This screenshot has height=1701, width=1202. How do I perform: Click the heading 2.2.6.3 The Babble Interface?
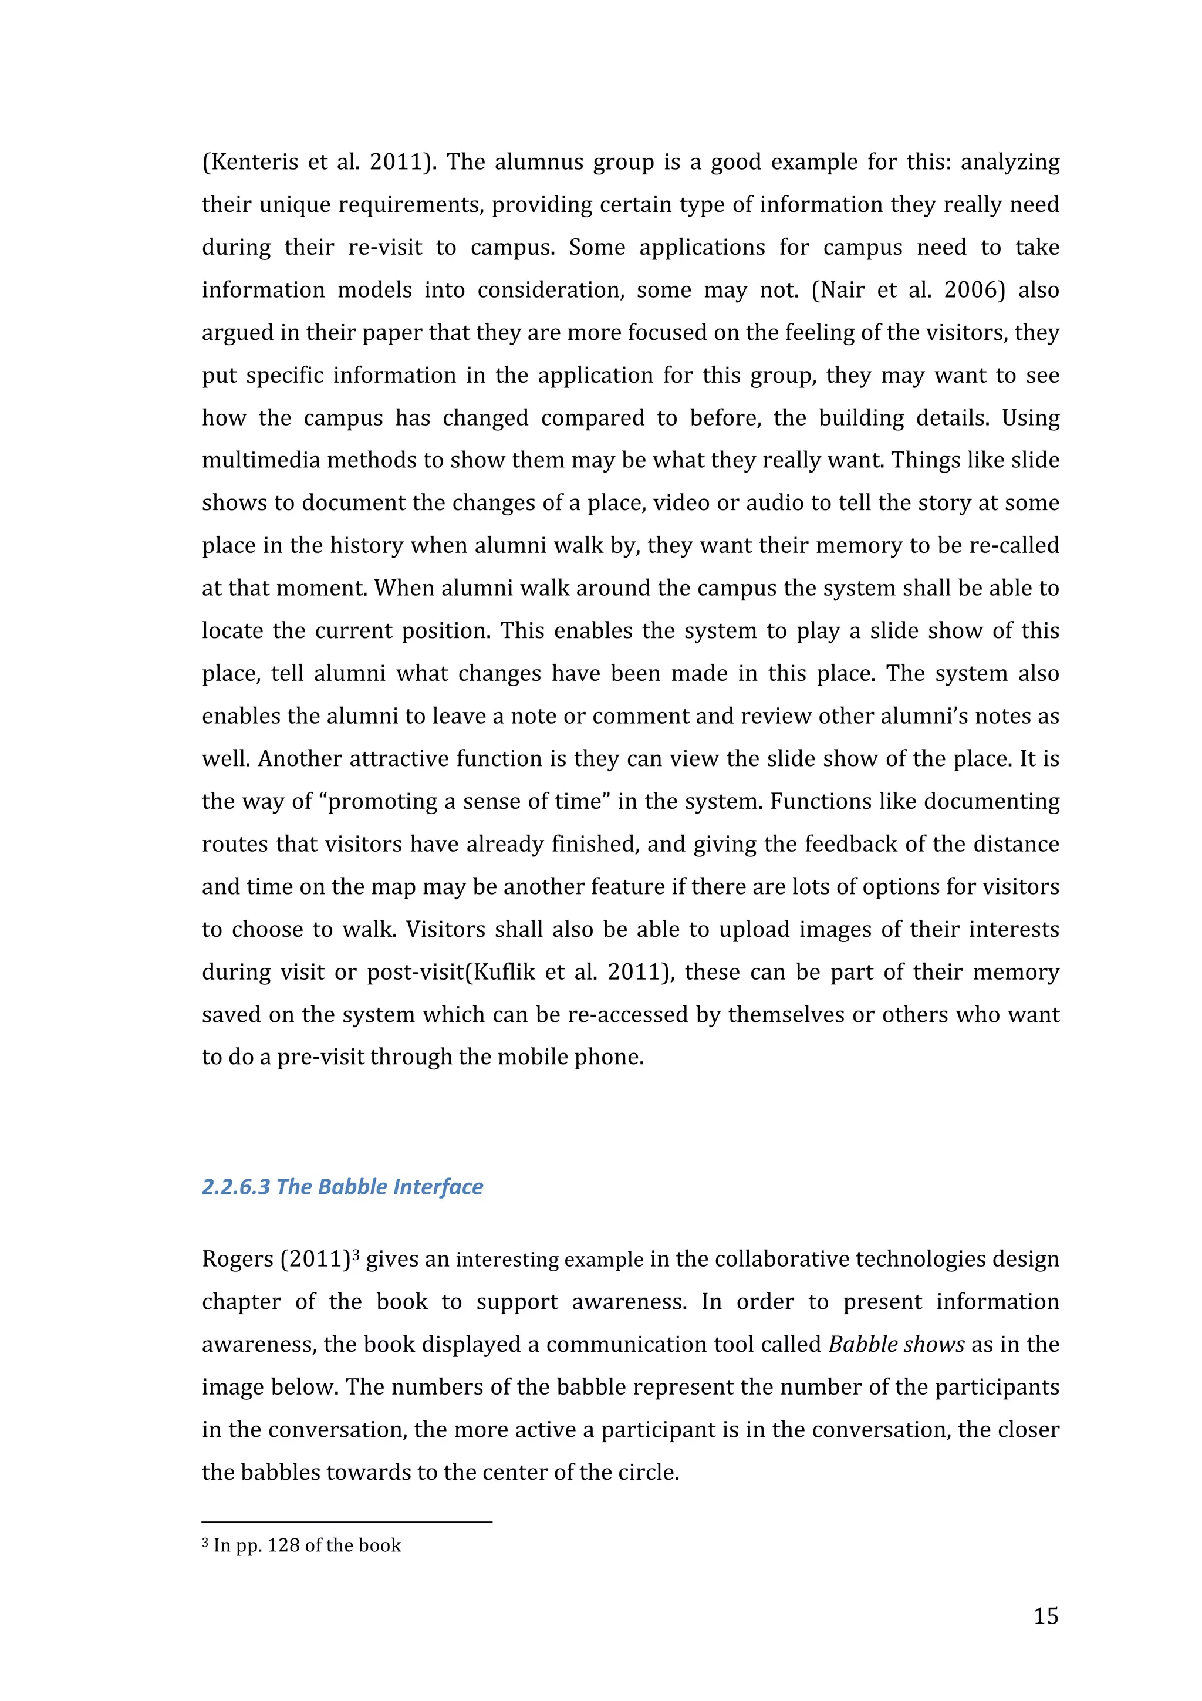point(342,1186)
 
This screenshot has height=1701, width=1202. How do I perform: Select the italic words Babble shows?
point(896,1344)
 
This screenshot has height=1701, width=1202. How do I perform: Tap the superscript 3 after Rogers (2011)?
point(356,1254)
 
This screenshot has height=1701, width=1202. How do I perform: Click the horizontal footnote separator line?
point(347,1522)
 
